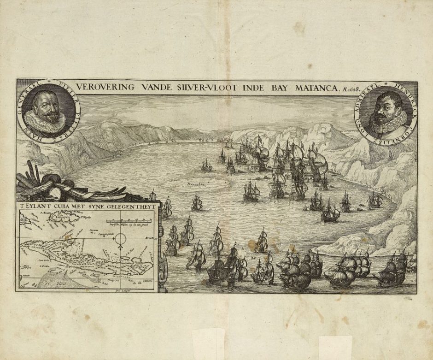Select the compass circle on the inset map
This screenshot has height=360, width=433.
click(121, 239)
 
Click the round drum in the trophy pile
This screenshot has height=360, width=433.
click(56, 190)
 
